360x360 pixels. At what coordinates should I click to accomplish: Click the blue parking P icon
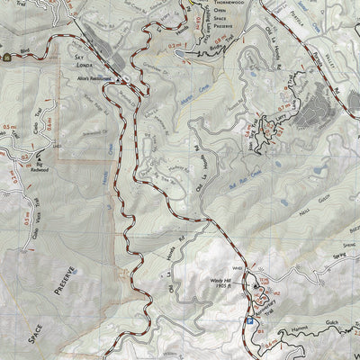tap(247, 320)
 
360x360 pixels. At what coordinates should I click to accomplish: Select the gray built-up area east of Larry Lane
tap(316, 112)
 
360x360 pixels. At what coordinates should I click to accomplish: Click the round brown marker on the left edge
tap(7, 56)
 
